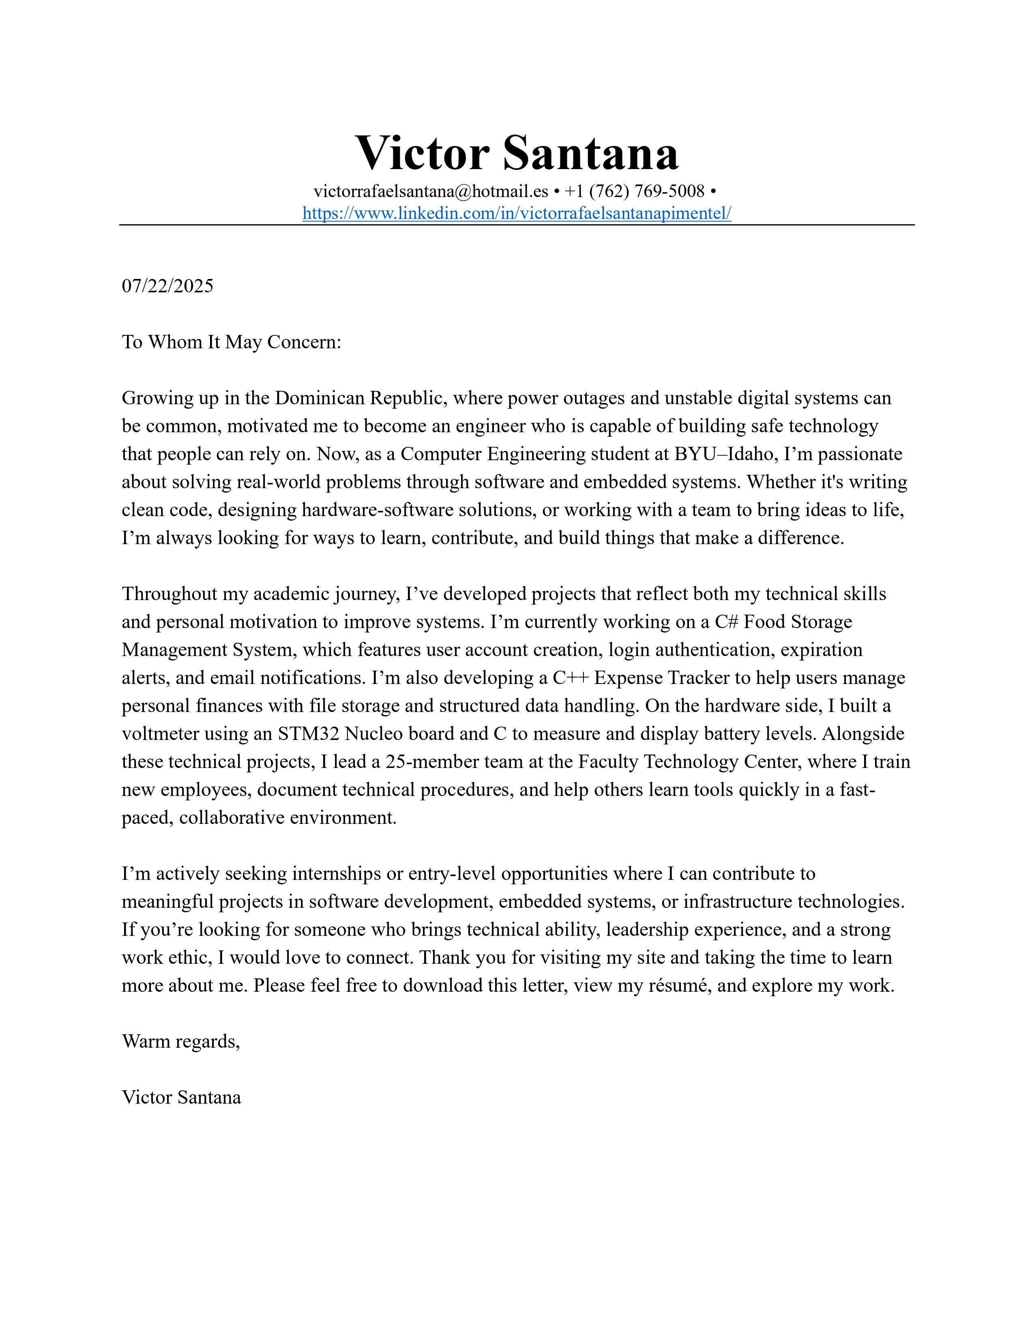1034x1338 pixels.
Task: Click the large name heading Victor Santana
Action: pos(516,152)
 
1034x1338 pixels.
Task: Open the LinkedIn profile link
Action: pos(516,213)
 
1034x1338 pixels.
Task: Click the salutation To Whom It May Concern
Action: pos(231,342)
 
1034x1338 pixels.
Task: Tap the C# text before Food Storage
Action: pos(727,622)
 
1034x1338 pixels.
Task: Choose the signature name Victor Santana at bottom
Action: pos(181,1097)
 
